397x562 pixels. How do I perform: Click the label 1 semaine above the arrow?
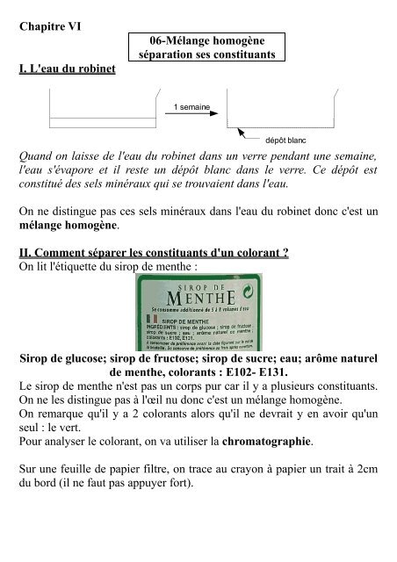191,106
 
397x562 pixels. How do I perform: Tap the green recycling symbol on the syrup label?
253,289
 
